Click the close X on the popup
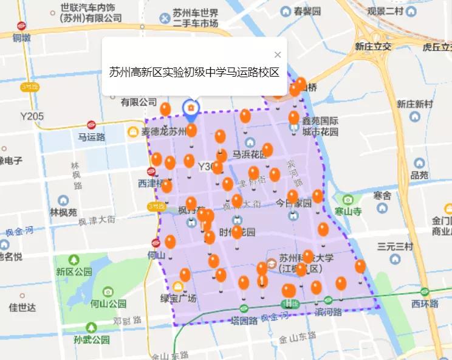tap(278, 55)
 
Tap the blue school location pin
tap(191, 109)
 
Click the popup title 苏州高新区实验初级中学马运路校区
tap(194, 72)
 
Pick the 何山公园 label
tap(108, 303)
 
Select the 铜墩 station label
tap(21, 37)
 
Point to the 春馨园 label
tap(307, 11)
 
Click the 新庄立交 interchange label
tap(373, 47)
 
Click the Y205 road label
tap(32, 116)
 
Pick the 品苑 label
tap(419, 175)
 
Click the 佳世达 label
tap(22, 308)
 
